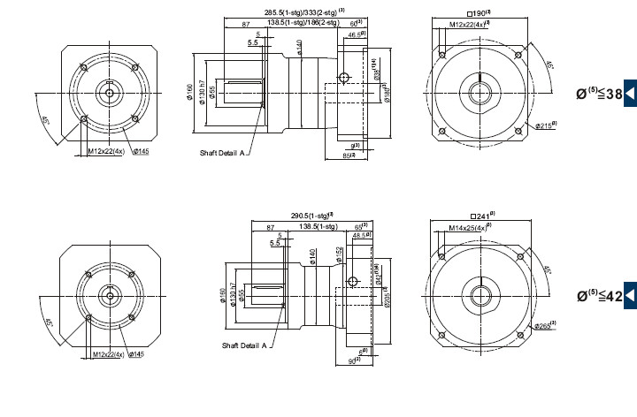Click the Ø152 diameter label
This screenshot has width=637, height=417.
tap(339, 254)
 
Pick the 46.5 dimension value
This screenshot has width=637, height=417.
tap(358, 34)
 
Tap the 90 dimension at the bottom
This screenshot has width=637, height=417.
tap(352, 360)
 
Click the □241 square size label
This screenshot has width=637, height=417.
tap(483, 216)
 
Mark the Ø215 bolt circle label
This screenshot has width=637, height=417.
tap(545, 125)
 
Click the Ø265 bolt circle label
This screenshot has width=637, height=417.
tap(545, 327)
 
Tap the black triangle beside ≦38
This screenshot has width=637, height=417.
tap(630, 92)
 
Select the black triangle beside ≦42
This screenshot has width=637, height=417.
tap(630, 295)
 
